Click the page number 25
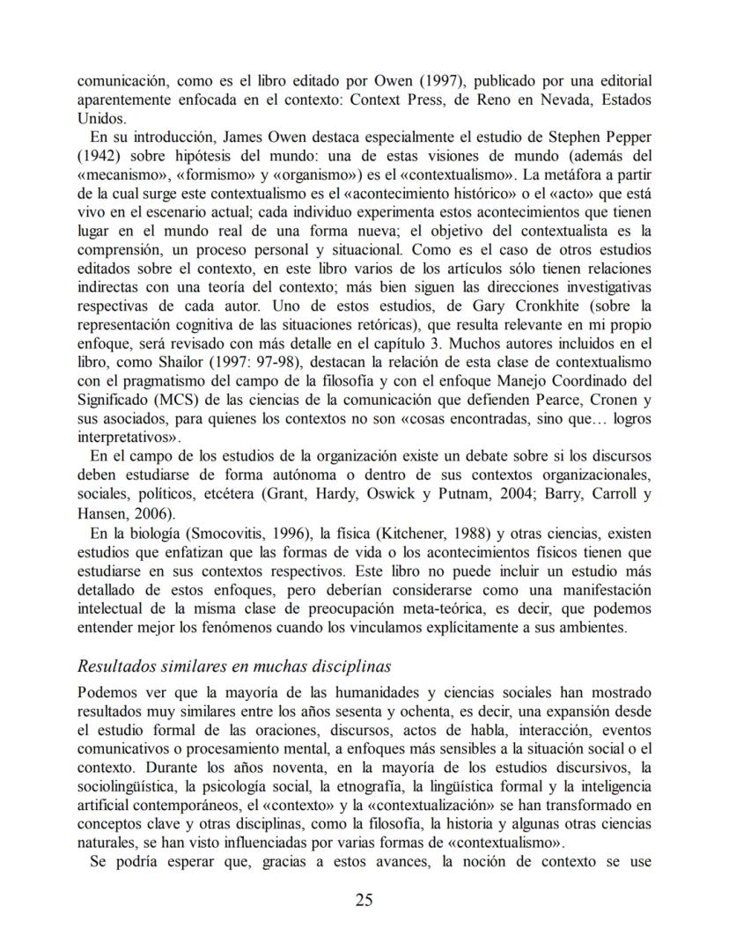(x=364, y=899)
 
